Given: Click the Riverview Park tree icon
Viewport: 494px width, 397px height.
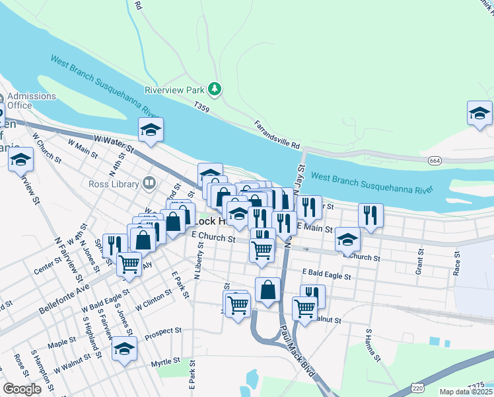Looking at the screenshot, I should click(214, 89).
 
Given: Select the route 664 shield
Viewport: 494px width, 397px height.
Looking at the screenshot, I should click(435, 161).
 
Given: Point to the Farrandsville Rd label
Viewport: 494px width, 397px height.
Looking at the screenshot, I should click(277, 134).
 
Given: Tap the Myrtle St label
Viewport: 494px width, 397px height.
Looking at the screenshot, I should click(165, 361).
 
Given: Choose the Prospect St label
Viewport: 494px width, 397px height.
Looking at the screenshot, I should click(163, 330).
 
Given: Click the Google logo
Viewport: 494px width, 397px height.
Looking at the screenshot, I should click(22, 389).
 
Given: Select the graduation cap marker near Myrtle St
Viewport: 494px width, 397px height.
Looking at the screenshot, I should click(123, 350).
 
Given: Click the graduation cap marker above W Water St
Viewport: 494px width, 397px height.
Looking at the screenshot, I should click(151, 130).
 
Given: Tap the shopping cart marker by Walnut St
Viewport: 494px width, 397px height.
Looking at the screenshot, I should click(304, 308).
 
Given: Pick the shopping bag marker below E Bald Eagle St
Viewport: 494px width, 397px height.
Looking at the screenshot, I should click(267, 290).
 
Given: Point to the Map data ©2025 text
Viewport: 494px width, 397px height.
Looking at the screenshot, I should click(466, 392).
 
